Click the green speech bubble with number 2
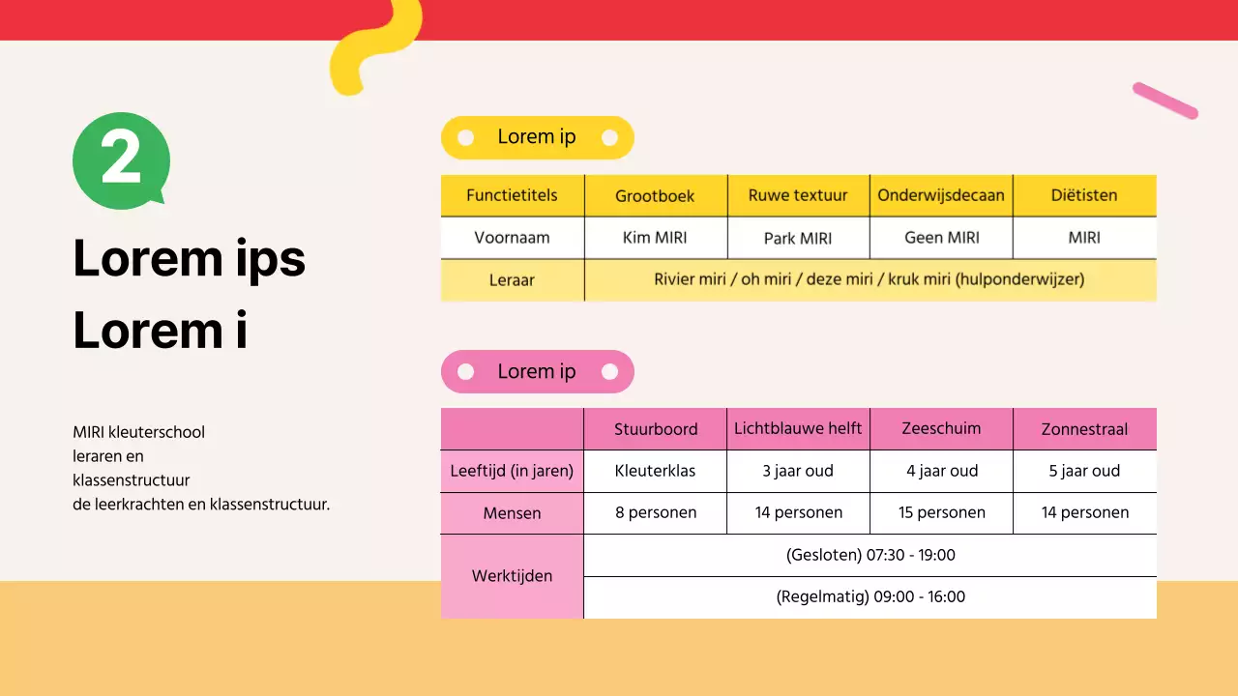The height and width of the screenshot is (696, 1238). coord(121,160)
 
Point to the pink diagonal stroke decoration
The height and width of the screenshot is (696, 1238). coord(1165,101)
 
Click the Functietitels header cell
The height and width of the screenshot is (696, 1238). coord(512,195)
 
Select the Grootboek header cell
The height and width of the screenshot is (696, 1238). coord(655,195)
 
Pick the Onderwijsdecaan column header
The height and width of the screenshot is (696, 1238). coord(941,195)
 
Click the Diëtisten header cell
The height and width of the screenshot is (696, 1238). coord(1084,195)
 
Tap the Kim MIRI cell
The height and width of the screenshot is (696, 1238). coord(655,238)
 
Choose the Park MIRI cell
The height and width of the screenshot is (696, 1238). coord(798,238)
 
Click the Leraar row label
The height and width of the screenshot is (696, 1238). coord(512,280)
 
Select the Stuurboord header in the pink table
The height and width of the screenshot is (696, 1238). coord(655,429)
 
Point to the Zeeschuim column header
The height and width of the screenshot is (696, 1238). coord(941,429)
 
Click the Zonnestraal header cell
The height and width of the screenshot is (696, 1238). coord(1084,429)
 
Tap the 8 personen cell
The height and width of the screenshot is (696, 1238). coord(655,513)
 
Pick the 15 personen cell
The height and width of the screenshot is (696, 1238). coord(941,513)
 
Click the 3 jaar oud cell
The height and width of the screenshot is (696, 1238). coord(798,472)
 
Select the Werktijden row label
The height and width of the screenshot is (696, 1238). coord(512,576)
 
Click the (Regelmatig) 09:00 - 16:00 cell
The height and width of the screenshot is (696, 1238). coord(870,597)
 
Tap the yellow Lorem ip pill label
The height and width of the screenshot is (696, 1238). coord(537,137)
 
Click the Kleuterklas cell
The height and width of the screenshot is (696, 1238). coord(655,472)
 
